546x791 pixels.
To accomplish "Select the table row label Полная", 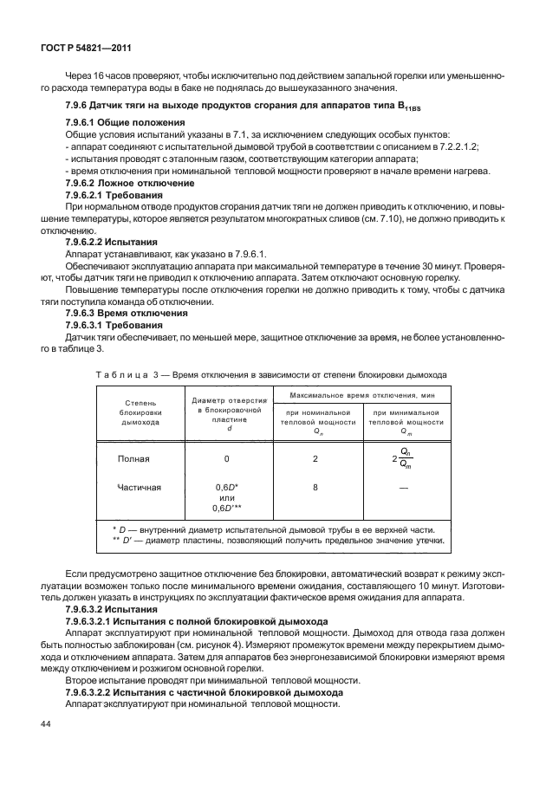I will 134,459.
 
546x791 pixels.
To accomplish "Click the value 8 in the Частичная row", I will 315,488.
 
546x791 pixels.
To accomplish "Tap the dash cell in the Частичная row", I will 404,488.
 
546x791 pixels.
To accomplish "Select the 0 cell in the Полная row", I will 226,459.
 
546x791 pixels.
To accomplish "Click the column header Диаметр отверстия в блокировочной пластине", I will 226,413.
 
